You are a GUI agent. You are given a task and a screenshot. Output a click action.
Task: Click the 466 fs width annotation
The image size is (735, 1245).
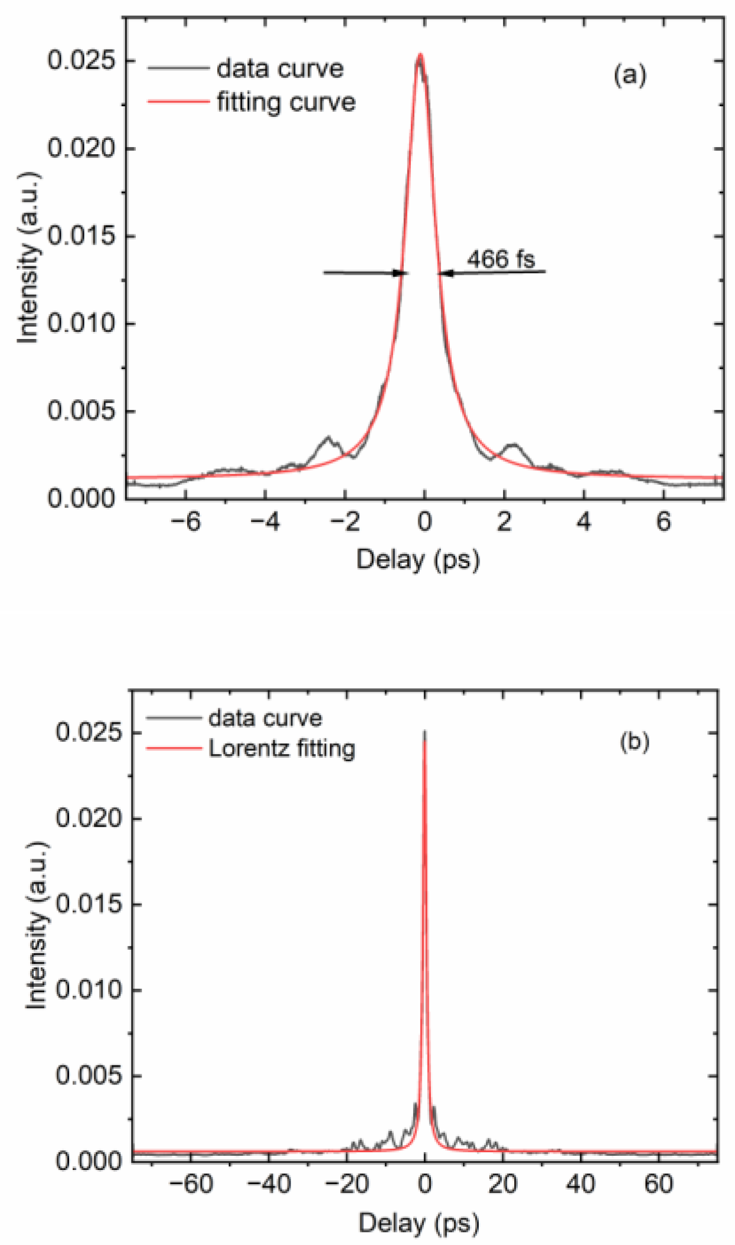[501, 259]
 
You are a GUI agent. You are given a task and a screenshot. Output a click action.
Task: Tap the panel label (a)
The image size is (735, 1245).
[629, 75]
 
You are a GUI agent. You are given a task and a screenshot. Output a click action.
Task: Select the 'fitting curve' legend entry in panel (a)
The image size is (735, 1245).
[286, 102]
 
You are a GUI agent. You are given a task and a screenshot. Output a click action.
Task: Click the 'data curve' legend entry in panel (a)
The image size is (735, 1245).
[280, 69]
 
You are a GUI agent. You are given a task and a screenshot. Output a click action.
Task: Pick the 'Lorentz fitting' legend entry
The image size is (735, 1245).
[282, 749]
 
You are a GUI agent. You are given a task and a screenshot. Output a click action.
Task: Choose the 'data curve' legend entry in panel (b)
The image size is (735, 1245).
[265, 718]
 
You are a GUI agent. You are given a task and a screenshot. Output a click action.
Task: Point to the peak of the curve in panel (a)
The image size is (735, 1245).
[420, 55]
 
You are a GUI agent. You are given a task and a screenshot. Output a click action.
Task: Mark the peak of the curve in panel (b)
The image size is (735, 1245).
[424, 732]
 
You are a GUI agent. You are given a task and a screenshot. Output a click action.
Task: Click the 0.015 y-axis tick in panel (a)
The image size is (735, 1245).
[81, 236]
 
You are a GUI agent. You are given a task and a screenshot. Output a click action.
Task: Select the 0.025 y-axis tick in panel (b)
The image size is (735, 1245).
[89, 732]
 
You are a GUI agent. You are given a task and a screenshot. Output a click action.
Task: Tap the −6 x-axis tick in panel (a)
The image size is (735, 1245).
[186, 522]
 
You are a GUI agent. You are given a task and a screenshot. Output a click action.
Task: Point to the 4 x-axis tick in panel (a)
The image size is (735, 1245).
[584, 522]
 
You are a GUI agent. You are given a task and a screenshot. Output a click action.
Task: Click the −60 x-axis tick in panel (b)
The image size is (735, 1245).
[190, 1184]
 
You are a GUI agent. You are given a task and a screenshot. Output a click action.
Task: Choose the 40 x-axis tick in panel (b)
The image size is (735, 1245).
[581, 1184]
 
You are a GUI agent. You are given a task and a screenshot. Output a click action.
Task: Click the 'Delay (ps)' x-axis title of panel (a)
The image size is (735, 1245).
[418, 559]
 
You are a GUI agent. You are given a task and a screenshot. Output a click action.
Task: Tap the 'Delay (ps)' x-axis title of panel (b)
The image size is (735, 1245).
[419, 1223]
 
